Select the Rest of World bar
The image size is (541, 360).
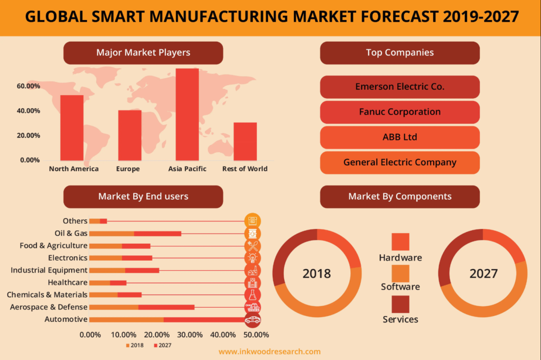pyautogui.click(x=245, y=141)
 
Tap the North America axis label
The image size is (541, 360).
pyautogui.click(x=73, y=169)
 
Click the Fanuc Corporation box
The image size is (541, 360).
pyautogui.click(x=399, y=112)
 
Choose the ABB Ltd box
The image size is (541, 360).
pyautogui.click(x=399, y=137)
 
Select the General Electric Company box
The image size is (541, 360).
pyautogui.click(x=399, y=162)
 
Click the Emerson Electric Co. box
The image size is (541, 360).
pyautogui.click(x=399, y=87)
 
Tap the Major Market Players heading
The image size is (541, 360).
pyautogui.click(x=143, y=53)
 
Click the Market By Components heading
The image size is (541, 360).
pyautogui.click(x=399, y=197)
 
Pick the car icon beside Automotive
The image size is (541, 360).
pyautogui.click(x=253, y=319)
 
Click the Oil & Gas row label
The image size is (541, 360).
pyautogui.click(x=71, y=233)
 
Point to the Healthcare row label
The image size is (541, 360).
pyautogui.click(x=68, y=282)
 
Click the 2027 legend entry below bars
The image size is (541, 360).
pyautogui.click(x=162, y=345)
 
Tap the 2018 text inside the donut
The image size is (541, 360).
pyautogui.click(x=316, y=273)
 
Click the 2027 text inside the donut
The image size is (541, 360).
pyautogui.click(x=483, y=273)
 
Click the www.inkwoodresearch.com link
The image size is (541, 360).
pyautogui.click(x=269, y=352)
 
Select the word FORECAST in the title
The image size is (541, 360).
pyautogui.click(x=388, y=17)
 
